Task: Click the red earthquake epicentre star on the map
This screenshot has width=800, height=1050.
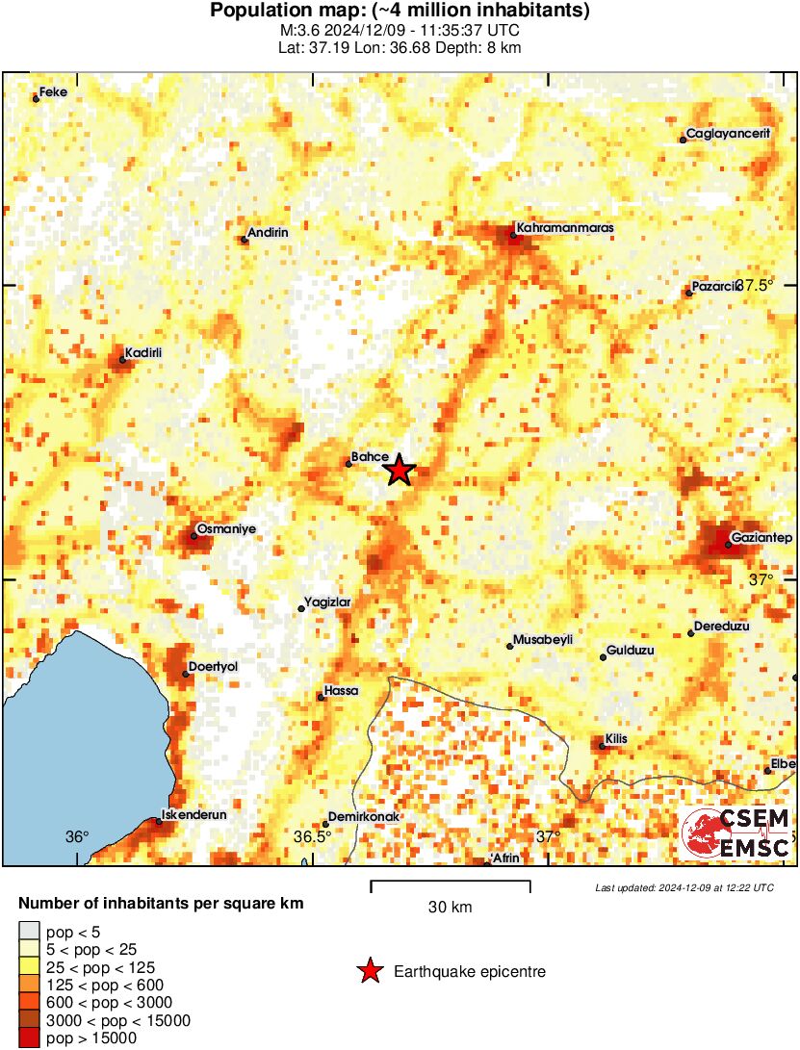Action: click(399, 470)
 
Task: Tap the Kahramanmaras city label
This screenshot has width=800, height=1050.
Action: click(564, 228)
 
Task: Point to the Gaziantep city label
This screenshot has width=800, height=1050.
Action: click(761, 536)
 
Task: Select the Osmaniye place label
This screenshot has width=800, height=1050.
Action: click(225, 528)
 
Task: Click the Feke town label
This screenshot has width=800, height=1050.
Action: click(53, 91)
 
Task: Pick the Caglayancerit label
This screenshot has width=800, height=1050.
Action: click(729, 134)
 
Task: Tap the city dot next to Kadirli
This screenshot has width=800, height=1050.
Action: click(123, 360)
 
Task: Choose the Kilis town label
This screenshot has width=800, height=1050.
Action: click(616, 738)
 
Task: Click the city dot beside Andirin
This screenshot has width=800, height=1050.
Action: click(245, 240)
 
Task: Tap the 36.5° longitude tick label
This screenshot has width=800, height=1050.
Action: click(312, 836)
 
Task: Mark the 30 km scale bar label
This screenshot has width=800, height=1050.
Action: click(450, 907)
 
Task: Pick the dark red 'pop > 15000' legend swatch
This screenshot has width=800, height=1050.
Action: click(30, 1037)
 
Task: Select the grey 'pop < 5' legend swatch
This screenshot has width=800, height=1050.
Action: click(30, 930)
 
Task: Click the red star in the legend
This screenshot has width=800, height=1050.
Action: click(369, 972)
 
